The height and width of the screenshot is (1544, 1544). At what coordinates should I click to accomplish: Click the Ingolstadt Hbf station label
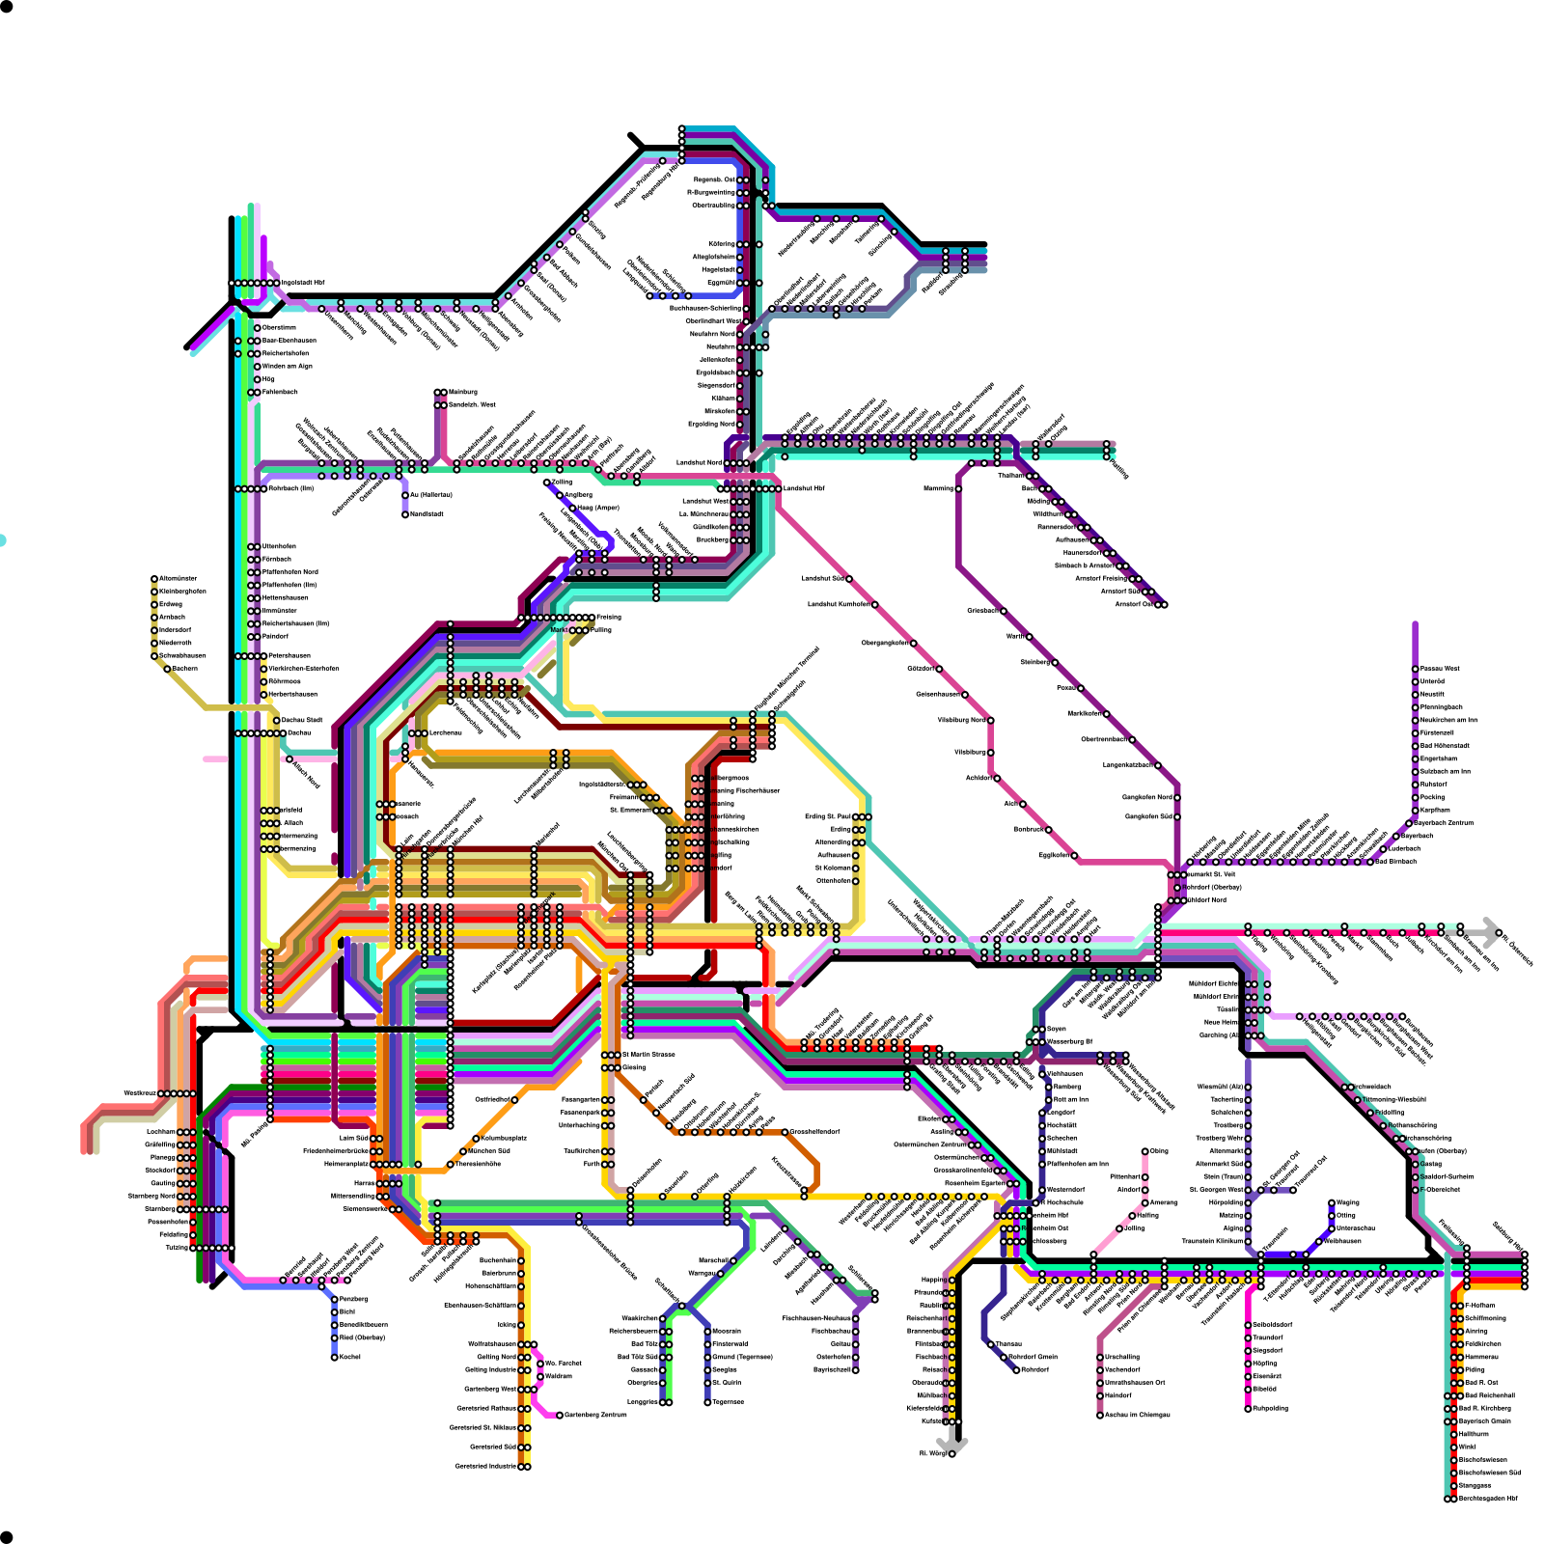click(303, 283)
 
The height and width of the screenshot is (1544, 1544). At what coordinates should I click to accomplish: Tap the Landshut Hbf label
click(804, 488)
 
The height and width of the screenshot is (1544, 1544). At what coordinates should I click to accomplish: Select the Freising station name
click(609, 617)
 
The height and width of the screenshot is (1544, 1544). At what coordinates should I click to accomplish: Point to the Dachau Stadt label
click(302, 720)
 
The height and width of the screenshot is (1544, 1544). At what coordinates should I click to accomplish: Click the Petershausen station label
click(289, 656)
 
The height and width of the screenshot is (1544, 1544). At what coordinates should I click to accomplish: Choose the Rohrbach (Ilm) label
click(291, 488)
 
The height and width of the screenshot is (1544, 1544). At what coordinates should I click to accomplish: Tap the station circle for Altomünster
click(154, 579)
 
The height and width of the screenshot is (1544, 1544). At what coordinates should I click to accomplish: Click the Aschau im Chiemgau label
click(1137, 1415)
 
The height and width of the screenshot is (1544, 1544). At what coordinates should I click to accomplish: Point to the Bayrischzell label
click(832, 1369)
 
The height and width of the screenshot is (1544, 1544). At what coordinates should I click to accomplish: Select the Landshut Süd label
click(823, 579)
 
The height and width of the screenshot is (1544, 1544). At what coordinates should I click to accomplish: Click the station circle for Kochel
click(335, 1358)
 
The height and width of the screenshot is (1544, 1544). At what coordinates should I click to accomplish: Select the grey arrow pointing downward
click(952, 1441)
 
